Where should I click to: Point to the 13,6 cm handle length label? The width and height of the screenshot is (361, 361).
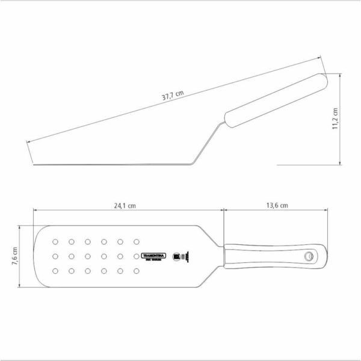coord(276,205)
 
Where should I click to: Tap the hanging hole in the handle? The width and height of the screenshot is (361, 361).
coord(309,256)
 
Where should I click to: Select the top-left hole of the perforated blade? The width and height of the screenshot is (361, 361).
coord(55,242)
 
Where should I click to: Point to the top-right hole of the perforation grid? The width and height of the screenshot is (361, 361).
coord(136,242)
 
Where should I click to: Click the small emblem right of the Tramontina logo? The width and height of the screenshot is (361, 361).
coord(177,256)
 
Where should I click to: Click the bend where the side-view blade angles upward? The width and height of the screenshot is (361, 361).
coord(191,163)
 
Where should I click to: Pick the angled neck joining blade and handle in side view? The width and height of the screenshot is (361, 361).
coord(208,143)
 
